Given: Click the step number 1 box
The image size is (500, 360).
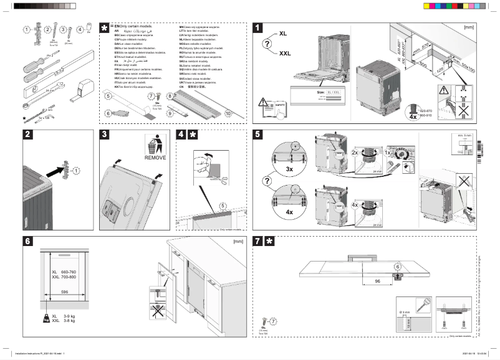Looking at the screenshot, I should point(257,27).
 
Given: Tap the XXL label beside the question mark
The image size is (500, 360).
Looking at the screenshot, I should point(286,54).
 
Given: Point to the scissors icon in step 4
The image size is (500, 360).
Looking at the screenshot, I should point(222,181).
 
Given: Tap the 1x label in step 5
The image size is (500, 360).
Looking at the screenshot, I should point(387,152).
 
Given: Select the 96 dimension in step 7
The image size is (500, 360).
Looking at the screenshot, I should point(378,281).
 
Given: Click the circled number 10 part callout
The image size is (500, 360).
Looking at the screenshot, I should point(228,114).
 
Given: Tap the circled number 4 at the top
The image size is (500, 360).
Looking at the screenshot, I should point(80,29).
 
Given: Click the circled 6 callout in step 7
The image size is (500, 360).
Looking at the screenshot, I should point(397,267).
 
